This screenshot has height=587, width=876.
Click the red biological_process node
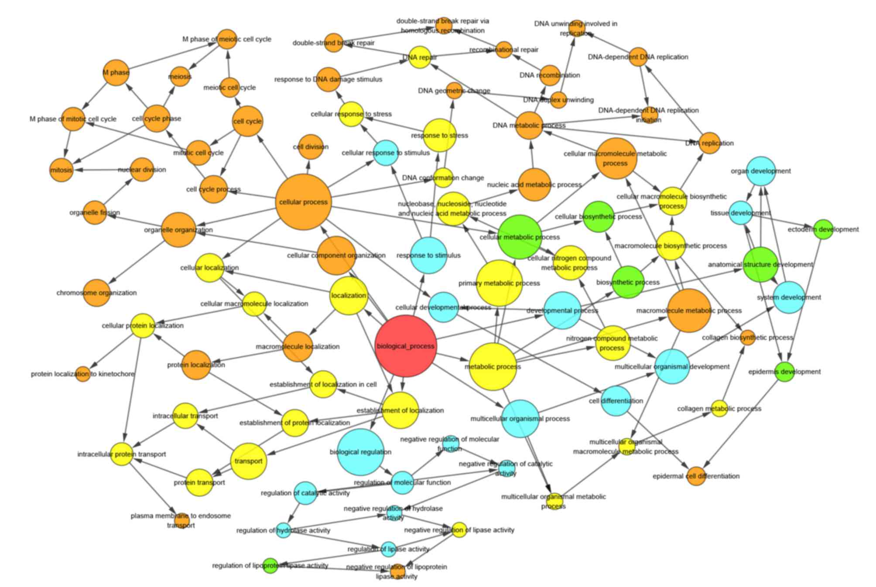(406, 346)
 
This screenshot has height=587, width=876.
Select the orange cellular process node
(303, 202)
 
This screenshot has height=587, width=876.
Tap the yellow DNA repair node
(420, 57)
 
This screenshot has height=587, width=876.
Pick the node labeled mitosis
(61, 170)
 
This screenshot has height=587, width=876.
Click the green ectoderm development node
(823, 229)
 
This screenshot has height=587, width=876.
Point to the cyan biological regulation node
(360, 452)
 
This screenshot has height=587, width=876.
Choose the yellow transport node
(248, 461)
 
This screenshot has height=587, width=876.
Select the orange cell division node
(311, 147)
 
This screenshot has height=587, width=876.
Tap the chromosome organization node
(97, 293)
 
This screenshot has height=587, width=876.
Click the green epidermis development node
(785, 372)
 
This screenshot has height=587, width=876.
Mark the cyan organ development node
(761, 171)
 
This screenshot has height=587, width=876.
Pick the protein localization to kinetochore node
(83, 374)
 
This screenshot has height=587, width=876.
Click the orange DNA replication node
(709, 143)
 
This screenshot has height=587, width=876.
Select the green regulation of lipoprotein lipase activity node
(270, 566)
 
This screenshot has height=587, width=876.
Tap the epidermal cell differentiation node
(696, 476)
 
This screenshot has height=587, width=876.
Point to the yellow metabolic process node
(493, 366)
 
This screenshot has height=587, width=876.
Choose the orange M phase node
(116, 72)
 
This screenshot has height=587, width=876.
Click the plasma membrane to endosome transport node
(181, 520)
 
